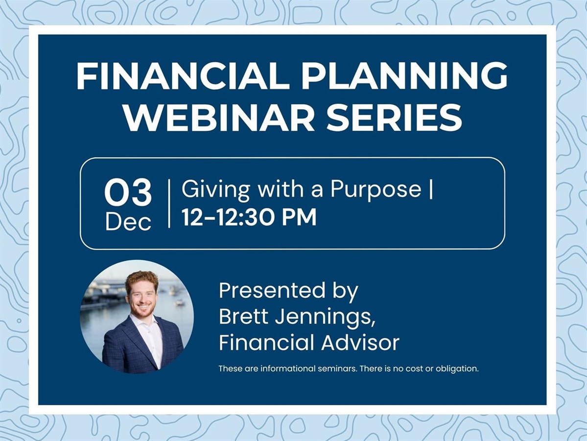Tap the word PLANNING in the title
[x=405, y=75]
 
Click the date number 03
[x=128, y=193]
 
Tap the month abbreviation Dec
[x=128, y=222]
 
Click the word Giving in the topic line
[x=216, y=190]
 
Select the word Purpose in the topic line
[x=376, y=190]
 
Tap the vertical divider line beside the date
[x=169, y=203]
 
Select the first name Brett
[x=244, y=317]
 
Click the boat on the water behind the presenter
[x=180, y=302]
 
